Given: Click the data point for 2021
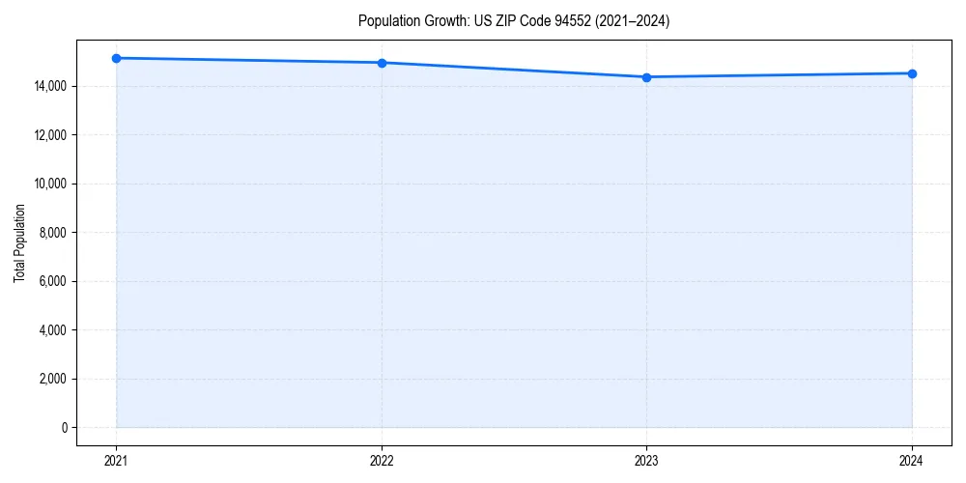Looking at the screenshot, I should coord(116,58).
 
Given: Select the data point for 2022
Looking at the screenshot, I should coord(382,63).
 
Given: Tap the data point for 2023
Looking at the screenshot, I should coord(646,77).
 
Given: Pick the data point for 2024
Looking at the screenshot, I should coord(912,73).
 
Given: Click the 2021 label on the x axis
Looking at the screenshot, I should coord(116,461).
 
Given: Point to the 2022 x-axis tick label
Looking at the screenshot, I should coord(382,461).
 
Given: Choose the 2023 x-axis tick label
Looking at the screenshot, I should coord(646,461).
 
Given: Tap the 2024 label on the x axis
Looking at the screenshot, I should coord(912,461).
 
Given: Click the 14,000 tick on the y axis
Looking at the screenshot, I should coord(47,87).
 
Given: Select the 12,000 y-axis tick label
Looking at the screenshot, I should coord(47,135).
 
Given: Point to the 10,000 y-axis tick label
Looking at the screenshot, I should coord(47,184).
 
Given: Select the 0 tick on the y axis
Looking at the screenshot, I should coord(63,427).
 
